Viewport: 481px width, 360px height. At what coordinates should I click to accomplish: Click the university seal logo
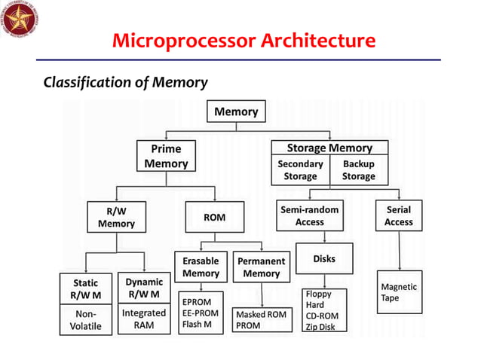(20, 20)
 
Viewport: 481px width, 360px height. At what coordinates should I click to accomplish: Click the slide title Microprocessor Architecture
(244, 39)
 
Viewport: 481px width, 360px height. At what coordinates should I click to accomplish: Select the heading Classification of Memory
(126, 82)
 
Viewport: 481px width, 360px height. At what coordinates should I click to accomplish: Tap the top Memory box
(236, 112)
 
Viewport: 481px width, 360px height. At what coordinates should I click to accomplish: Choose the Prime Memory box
(166, 156)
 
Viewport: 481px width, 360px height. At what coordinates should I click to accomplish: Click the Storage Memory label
(329, 148)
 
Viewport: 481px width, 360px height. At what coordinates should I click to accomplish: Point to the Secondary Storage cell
(300, 170)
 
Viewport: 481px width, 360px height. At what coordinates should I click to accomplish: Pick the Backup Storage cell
(358, 170)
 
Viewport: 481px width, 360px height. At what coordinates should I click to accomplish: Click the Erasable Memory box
(201, 267)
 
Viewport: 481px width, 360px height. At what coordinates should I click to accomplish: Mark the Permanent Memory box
(261, 267)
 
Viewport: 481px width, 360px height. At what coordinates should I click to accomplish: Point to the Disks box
(323, 259)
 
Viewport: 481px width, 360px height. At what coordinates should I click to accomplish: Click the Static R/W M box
(86, 288)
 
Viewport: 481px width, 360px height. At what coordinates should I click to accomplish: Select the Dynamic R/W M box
(143, 288)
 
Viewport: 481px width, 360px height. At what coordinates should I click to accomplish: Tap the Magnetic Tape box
(399, 292)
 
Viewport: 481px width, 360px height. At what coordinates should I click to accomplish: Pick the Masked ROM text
(261, 314)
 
